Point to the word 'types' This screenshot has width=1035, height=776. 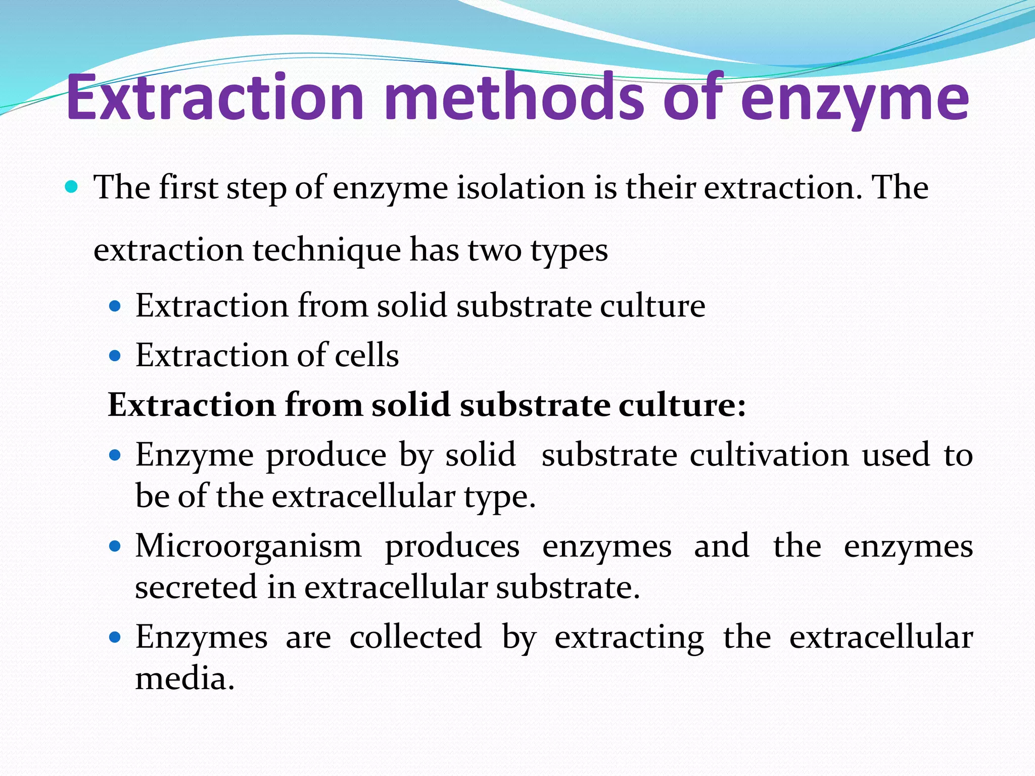(x=569, y=251)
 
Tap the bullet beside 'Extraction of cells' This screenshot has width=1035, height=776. (x=116, y=356)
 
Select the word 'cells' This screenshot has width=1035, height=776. (x=367, y=355)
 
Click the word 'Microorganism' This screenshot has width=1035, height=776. (x=248, y=547)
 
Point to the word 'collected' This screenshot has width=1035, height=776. (x=415, y=637)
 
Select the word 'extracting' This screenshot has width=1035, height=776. (x=629, y=638)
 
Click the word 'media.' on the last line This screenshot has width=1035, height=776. (x=185, y=678)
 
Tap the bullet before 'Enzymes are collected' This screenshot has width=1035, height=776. (x=116, y=638)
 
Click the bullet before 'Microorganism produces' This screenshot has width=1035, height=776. (x=116, y=547)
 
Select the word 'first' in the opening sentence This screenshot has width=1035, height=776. (x=189, y=187)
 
